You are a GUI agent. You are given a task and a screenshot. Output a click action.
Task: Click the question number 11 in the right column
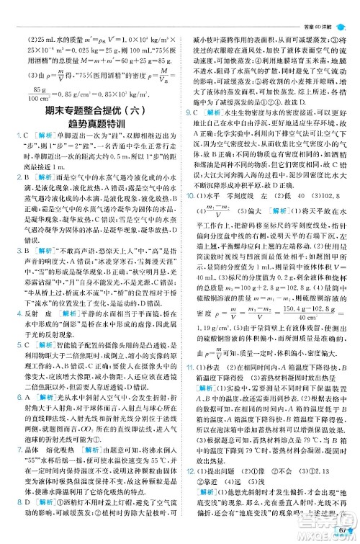click(189, 408)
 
